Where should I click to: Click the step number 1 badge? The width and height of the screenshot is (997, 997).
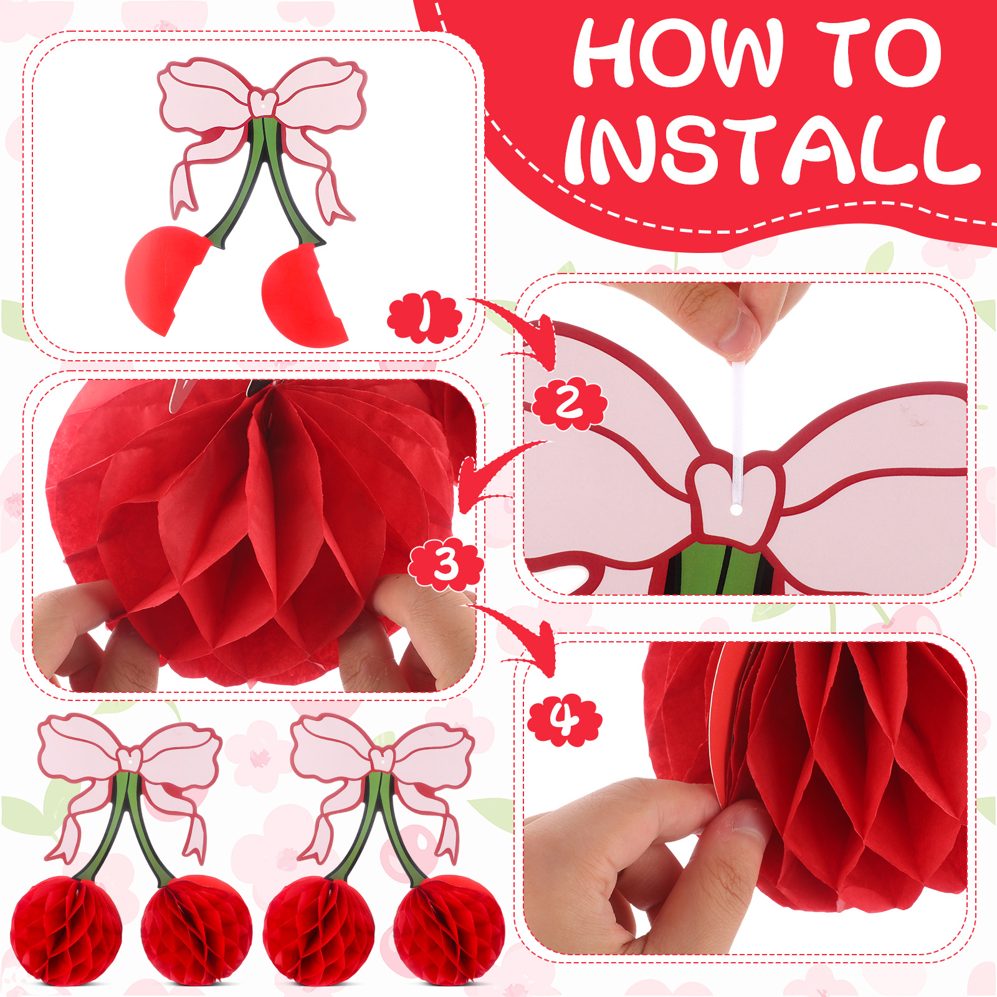tap(424, 317)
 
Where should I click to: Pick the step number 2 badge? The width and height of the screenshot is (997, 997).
tap(570, 404)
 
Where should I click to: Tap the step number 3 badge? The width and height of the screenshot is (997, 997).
tap(446, 564)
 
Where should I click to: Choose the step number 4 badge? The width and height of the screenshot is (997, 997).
tap(565, 720)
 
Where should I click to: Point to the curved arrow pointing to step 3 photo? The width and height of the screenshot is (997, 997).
tap(492, 467)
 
